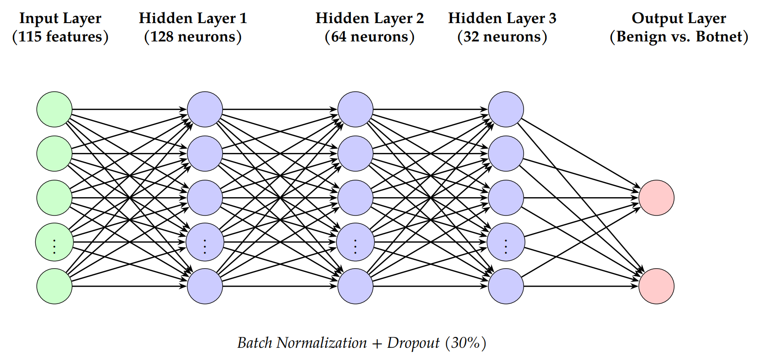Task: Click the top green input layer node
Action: point(55,109)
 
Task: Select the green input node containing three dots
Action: point(55,242)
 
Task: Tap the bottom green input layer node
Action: point(55,286)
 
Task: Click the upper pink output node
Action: point(656,198)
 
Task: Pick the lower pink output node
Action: point(656,286)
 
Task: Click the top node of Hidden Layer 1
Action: point(205,109)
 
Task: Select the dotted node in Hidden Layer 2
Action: point(355,242)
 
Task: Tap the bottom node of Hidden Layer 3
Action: point(506,286)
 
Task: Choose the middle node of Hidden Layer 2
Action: point(355,198)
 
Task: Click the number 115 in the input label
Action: point(30,37)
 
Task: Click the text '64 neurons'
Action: point(369,37)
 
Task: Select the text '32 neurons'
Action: point(502,37)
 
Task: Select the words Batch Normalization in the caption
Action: point(302,343)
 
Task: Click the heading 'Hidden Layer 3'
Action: point(502,18)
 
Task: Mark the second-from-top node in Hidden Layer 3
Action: point(506,153)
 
